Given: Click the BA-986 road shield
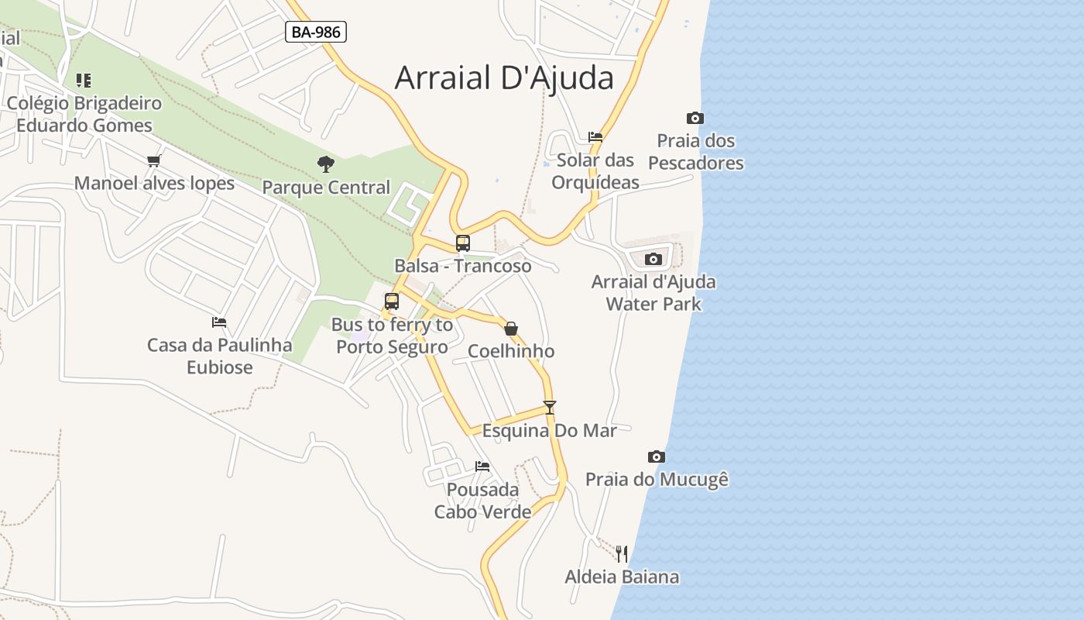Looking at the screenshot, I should click(x=315, y=32).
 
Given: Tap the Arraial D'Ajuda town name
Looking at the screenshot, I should click(x=504, y=78).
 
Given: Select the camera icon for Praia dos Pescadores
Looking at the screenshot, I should click(x=695, y=119).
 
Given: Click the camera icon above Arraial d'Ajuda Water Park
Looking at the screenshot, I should click(x=653, y=259).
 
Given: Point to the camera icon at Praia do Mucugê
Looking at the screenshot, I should click(x=657, y=457).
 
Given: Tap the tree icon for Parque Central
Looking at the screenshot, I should click(x=326, y=164).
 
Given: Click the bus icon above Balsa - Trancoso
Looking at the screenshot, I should click(x=463, y=243).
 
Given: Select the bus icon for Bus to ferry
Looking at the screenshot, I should click(x=392, y=301).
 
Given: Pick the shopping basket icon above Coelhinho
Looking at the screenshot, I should click(x=511, y=329).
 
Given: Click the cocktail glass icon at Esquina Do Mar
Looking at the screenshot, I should click(x=550, y=407).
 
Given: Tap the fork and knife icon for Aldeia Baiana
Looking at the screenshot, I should click(x=622, y=553).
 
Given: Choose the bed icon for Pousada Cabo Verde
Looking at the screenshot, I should click(x=482, y=467).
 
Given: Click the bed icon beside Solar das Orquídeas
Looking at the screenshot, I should click(x=595, y=137).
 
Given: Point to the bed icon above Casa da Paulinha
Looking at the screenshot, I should click(x=219, y=322).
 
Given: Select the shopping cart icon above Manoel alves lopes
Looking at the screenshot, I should click(x=154, y=160).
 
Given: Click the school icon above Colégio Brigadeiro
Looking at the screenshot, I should click(x=84, y=80).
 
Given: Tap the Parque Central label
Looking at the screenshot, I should click(x=326, y=188).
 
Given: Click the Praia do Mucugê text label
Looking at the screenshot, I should click(x=657, y=480).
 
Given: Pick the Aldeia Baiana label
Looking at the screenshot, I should click(x=622, y=577).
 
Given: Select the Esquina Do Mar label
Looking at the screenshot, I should click(x=550, y=430).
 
